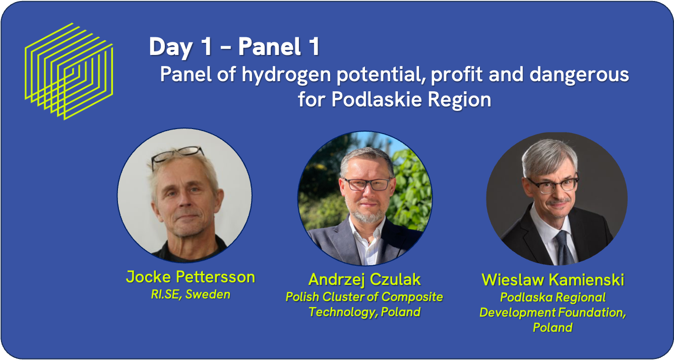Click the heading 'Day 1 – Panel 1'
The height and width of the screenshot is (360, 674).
234,47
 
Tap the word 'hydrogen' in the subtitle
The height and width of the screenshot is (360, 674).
286,75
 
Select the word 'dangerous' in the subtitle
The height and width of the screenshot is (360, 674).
579,74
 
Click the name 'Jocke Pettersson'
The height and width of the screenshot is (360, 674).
191,277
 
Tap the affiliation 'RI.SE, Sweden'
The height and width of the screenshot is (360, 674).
191,294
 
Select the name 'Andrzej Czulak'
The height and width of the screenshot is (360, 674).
364,280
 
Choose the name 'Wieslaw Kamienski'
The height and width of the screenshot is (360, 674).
553,280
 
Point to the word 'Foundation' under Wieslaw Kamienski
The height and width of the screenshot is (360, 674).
589,313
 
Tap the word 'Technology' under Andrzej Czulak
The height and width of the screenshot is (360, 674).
343,312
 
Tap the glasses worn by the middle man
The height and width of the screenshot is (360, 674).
367,184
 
